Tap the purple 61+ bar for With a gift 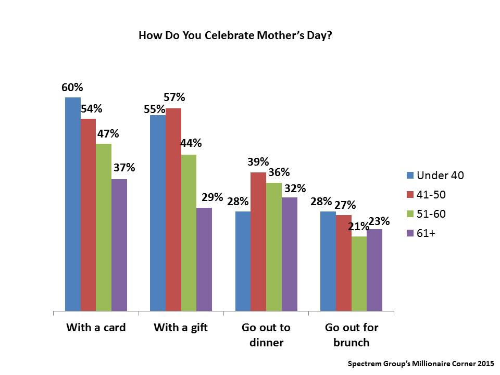[x=204, y=259]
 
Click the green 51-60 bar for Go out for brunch [x=359, y=274]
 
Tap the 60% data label [x=72, y=87]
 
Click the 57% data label [x=174, y=97]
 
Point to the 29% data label [x=212, y=197]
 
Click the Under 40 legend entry [x=435, y=176]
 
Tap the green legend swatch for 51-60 [x=409, y=214]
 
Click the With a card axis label [x=96, y=328]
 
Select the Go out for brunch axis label [x=351, y=335]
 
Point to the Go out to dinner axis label [x=266, y=335]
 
